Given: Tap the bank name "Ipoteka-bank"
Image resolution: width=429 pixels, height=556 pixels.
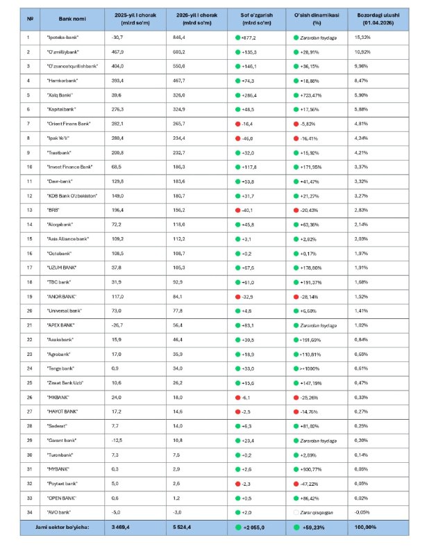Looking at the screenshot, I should click(x=61, y=38).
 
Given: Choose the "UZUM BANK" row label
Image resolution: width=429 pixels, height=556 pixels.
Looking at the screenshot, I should click(x=60, y=266).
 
